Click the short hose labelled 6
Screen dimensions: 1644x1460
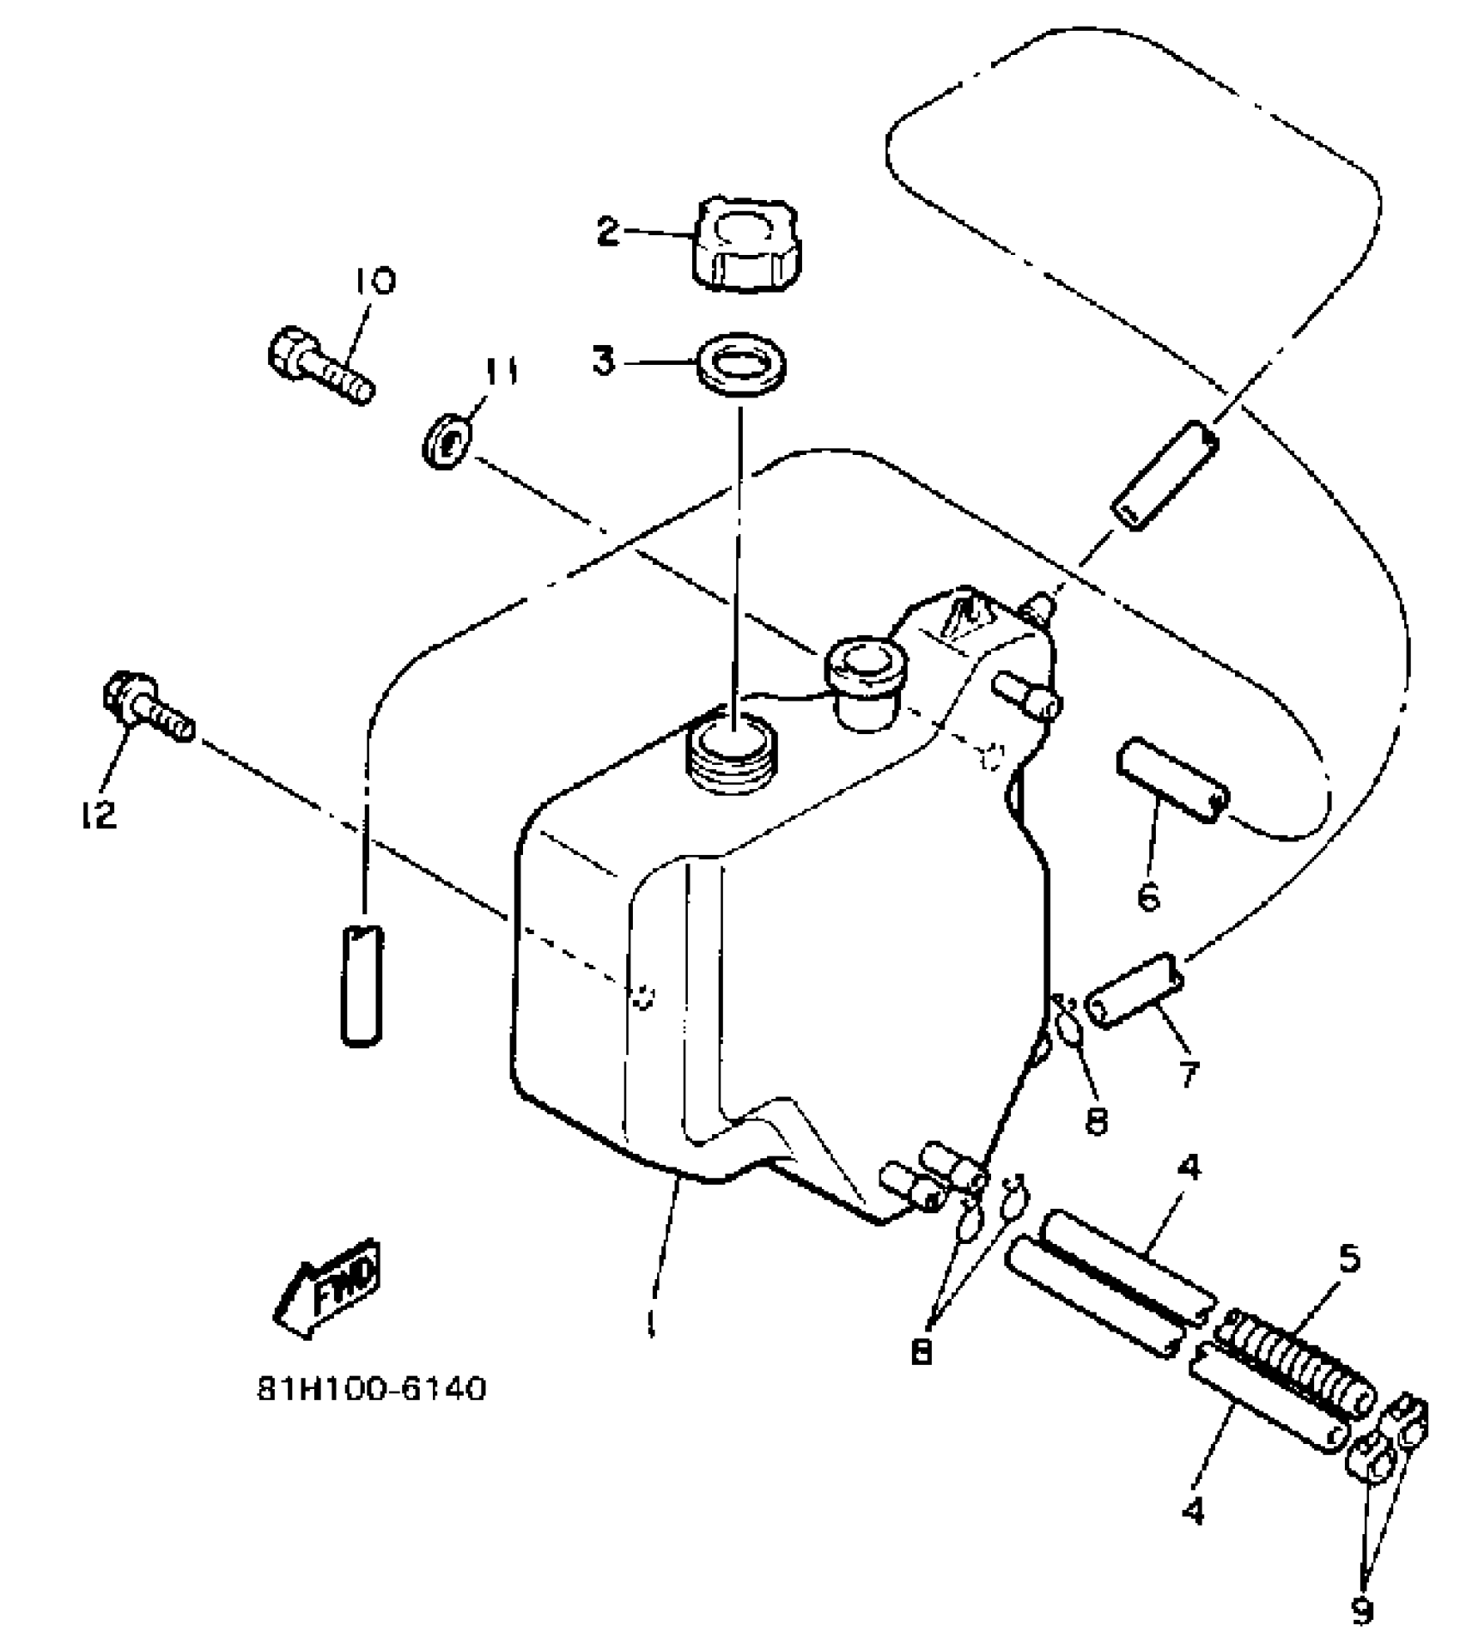pos(1171,784)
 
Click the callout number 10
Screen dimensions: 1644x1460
pos(372,282)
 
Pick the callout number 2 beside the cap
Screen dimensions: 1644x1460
pos(608,231)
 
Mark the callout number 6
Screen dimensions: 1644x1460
pos(1147,895)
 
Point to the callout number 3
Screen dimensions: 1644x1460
pos(604,361)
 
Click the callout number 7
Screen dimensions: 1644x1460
pos(1189,1074)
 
